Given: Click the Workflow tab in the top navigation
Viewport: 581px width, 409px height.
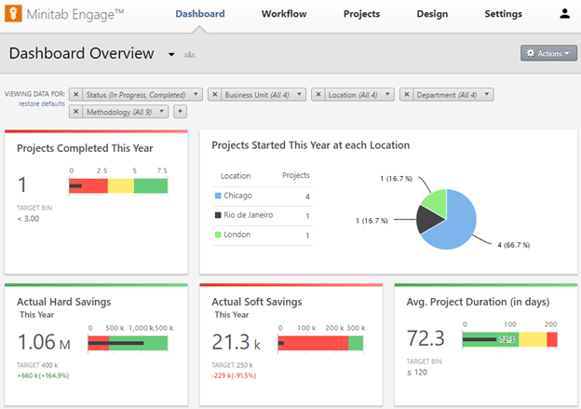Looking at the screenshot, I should click(x=284, y=14).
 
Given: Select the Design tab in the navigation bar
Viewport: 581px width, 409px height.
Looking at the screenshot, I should click(x=432, y=14).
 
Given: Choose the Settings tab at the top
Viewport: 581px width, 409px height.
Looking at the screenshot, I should click(x=503, y=14).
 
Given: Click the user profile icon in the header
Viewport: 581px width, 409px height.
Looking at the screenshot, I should click(x=564, y=14).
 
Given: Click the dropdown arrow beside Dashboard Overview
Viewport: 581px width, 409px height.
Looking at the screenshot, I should click(x=171, y=55).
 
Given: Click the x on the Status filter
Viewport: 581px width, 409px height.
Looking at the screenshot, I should click(x=76, y=94).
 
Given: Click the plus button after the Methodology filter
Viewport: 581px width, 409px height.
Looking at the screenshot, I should click(x=180, y=112).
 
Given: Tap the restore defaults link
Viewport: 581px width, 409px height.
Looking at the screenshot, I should click(x=41, y=102).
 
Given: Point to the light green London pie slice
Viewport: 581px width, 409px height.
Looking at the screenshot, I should click(x=434, y=200).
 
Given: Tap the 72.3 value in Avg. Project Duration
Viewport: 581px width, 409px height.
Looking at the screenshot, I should click(x=426, y=339).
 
